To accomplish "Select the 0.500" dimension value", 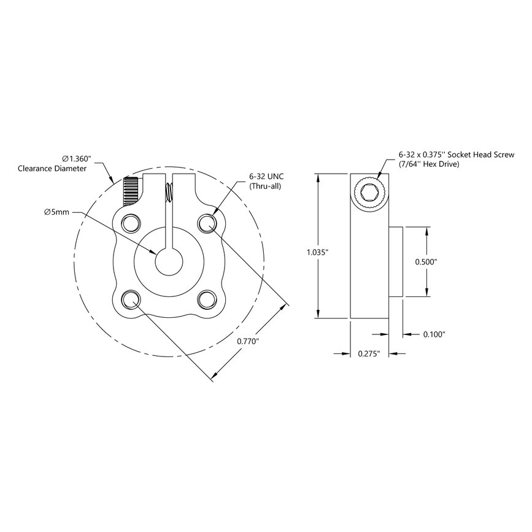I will point(426,261).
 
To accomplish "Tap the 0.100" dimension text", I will point(434,334).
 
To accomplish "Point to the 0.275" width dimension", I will point(369,353).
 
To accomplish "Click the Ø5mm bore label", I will point(56,212).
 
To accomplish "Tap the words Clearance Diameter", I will point(52,168).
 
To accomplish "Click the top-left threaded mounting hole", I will point(131,222).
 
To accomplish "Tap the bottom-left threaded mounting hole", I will point(131,299).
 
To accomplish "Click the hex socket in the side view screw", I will point(369,193).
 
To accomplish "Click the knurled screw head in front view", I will point(130,191).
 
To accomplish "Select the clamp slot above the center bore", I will point(169,215).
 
